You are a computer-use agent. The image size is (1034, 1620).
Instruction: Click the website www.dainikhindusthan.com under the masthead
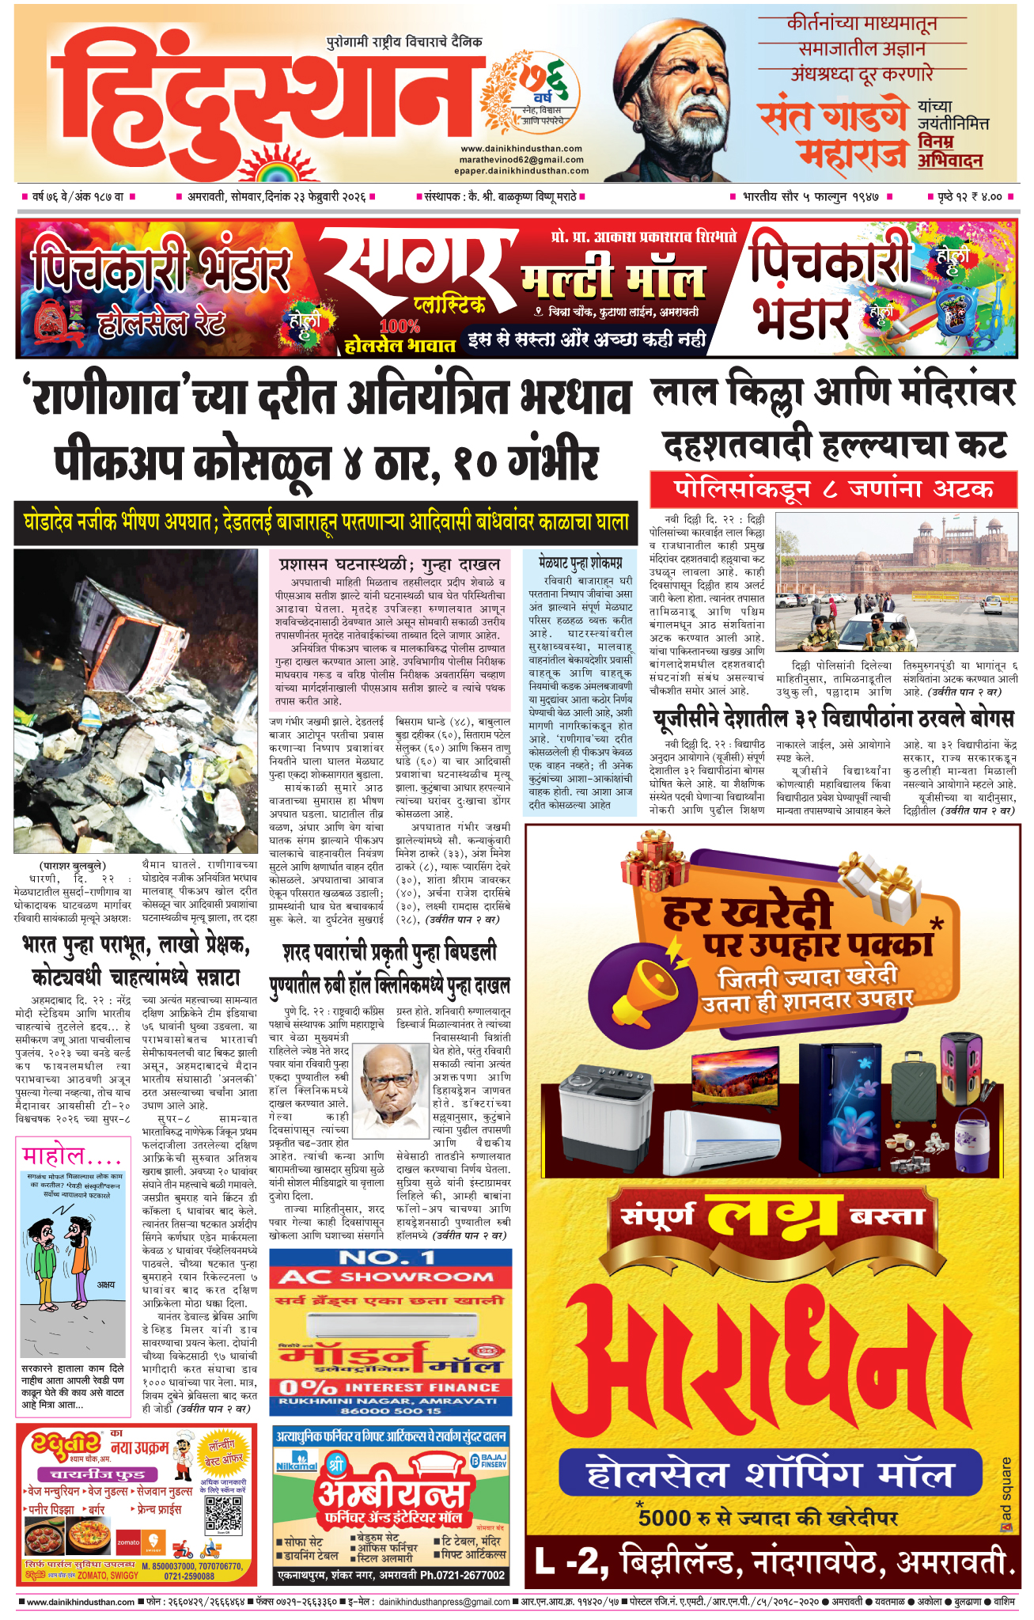click(521, 149)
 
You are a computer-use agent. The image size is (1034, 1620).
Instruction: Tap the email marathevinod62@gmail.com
click(521, 160)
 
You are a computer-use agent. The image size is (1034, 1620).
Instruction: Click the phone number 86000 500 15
click(391, 1411)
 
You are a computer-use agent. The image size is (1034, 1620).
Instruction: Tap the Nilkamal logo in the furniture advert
click(297, 1462)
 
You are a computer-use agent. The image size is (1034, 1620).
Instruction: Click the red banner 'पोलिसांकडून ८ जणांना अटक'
click(833, 490)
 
